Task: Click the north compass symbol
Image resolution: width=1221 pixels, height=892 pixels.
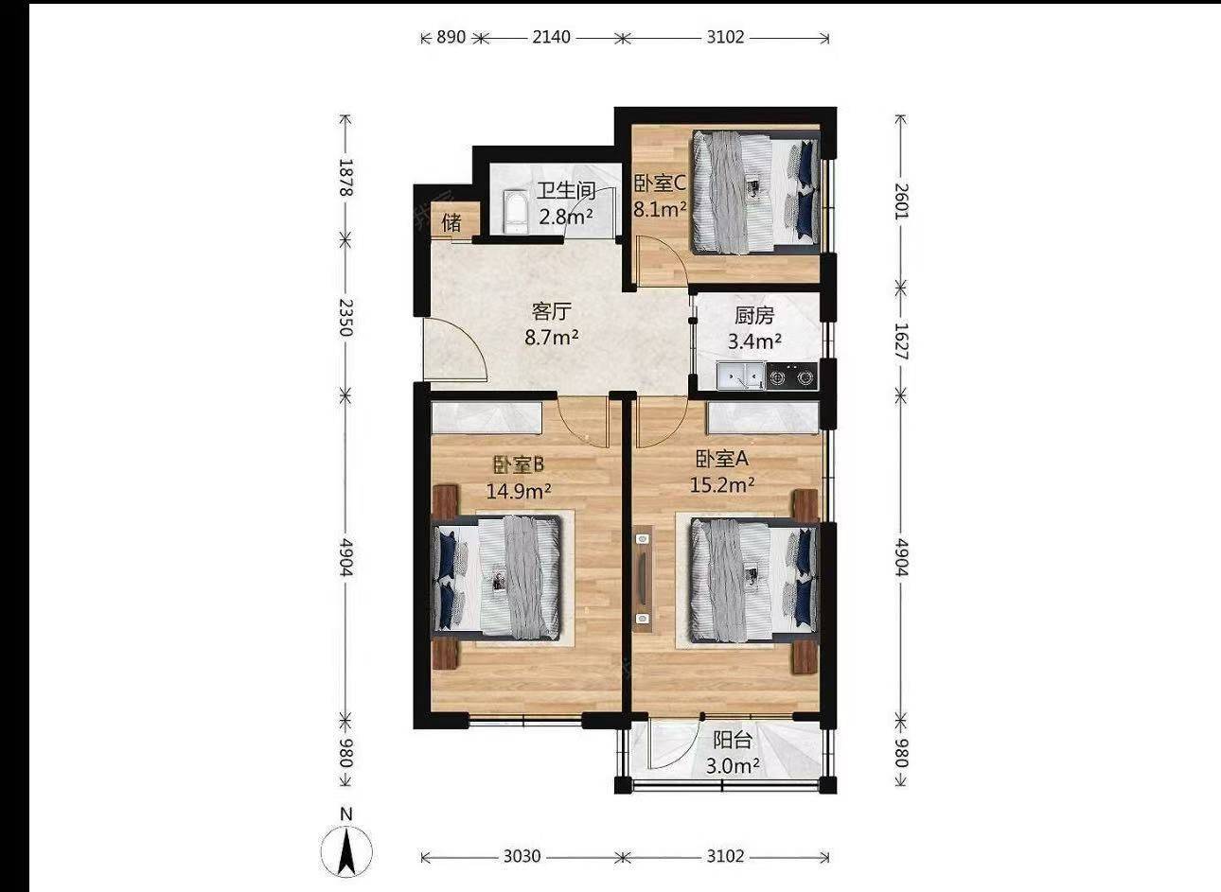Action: click(347, 848)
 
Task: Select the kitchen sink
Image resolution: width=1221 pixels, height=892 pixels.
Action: click(741, 376)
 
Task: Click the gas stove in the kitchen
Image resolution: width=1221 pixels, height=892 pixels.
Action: click(791, 377)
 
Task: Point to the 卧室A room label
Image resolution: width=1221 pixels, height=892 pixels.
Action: click(722, 460)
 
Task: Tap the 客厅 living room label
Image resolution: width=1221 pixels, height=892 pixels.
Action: click(552, 311)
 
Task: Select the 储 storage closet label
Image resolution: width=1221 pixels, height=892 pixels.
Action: click(452, 223)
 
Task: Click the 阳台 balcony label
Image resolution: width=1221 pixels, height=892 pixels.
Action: click(734, 740)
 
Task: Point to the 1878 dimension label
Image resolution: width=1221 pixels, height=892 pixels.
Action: click(345, 176)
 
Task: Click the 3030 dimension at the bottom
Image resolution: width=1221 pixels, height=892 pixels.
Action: click(522, 857)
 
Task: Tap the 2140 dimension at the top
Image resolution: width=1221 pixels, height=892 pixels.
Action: click(551, 38)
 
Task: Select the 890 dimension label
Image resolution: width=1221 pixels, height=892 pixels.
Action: click(451, 38)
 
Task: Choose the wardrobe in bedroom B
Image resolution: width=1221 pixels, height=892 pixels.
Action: click(487, 416)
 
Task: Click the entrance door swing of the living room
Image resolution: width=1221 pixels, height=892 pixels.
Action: click(454, 350)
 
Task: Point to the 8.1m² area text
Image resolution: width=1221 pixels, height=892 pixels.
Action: click(660, 210)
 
